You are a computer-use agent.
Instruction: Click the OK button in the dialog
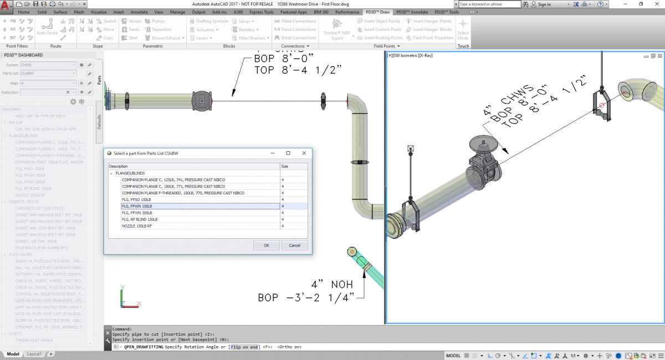(x=267, y=245)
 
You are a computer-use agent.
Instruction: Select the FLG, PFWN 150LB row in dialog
(x=199, y=206)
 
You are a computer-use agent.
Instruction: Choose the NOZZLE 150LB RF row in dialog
(x=199, y=226)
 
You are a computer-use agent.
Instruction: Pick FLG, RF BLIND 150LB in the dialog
(x=199, y=219)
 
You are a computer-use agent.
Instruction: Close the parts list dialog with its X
(x=304, y=153)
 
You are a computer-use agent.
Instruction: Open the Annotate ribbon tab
(x=139, y=12)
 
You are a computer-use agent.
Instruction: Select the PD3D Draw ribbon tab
(x=378, y=12)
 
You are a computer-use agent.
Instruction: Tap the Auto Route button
(x=47, y=28)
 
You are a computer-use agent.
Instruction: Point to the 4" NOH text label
(x=331, y=284)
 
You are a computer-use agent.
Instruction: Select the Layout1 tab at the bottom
(x=34, y=354)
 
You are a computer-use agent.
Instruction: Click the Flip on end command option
(x=244, y=347)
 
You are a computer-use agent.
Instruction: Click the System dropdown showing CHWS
(x=49, y=65)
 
